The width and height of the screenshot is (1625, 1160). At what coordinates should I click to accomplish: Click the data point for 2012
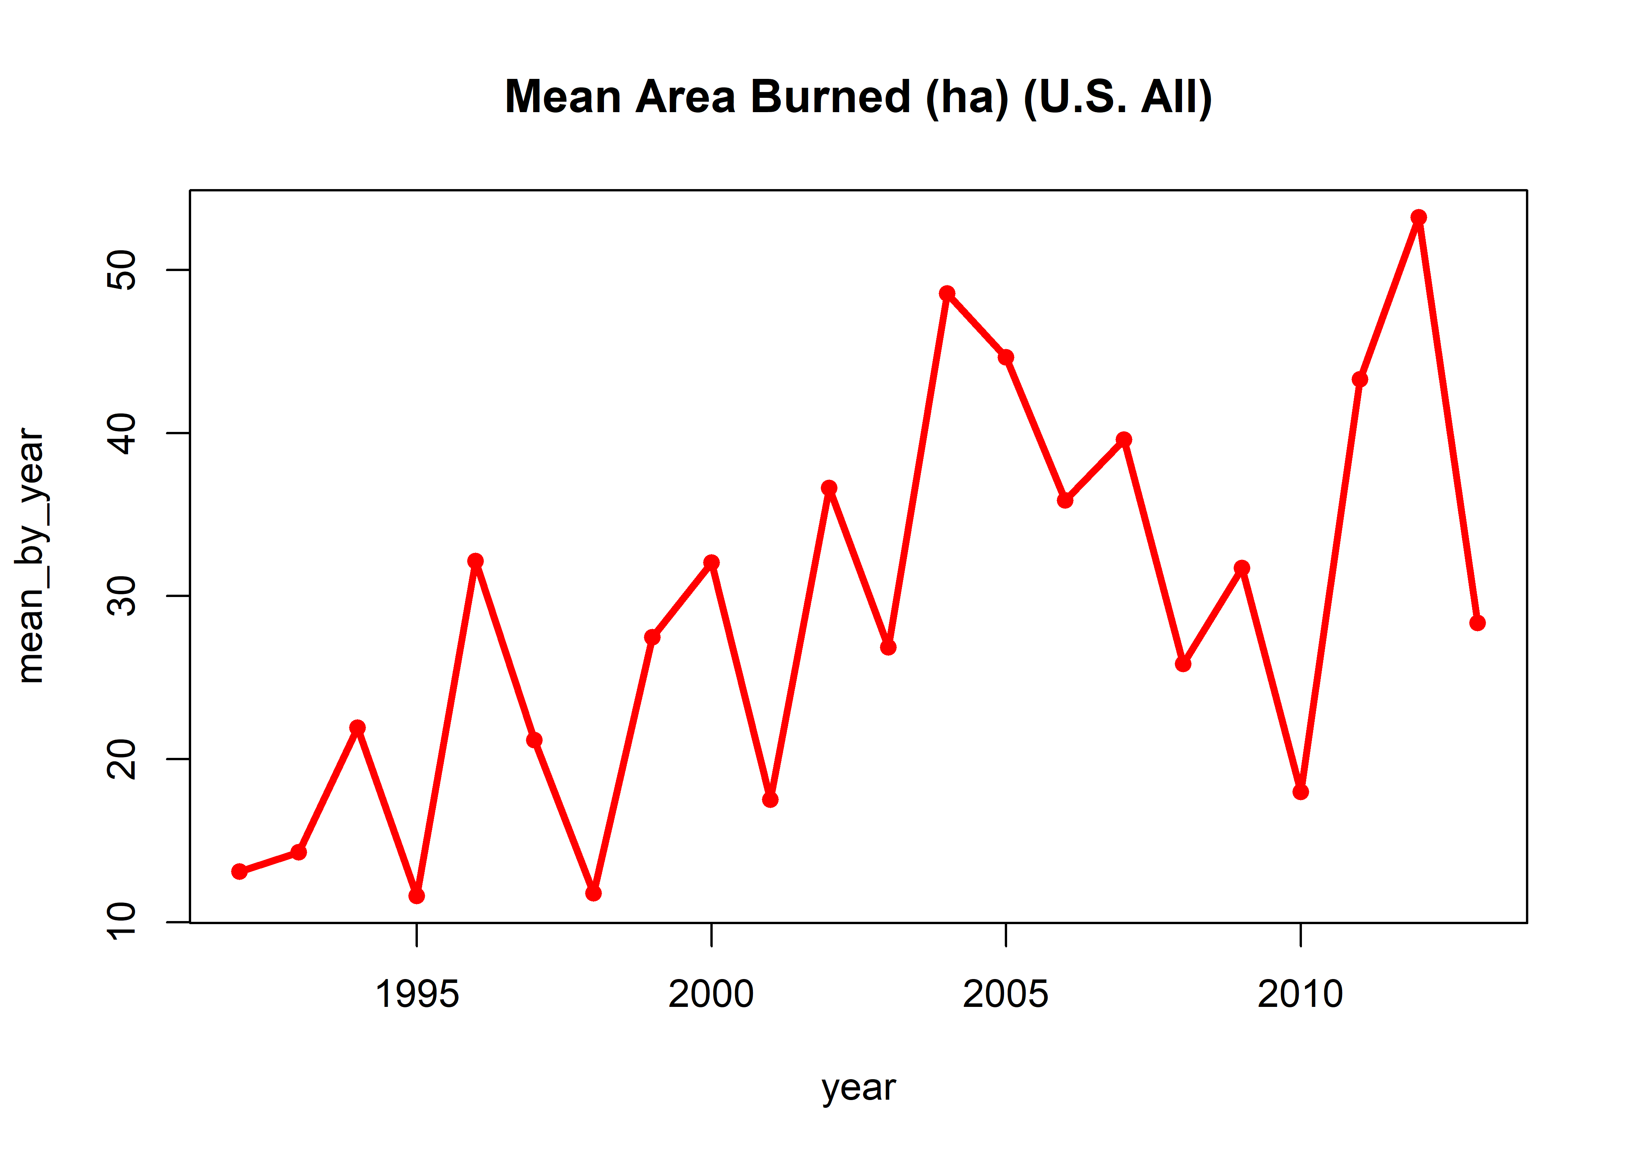(x=1418, y=217)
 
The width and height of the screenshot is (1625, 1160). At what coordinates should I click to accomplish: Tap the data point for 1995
(x=417, y=896)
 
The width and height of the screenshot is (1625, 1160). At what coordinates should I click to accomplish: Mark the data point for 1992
(x=239, y=872)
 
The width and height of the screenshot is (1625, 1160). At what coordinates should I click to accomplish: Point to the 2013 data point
(x=1477, y=623)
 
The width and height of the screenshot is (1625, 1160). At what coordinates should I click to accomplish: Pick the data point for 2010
(x=1300, y=792)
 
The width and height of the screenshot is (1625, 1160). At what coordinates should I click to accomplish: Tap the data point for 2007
(x=1123, y=439)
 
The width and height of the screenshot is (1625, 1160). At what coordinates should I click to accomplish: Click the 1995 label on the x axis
(x=417, y=994)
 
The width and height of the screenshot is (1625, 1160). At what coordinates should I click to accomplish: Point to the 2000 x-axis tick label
(x=711, y=994)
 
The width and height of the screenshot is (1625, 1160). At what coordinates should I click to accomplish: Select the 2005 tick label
(x=1006, y=994)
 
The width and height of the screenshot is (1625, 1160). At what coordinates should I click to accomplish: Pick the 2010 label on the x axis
(x=1300, y=994)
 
